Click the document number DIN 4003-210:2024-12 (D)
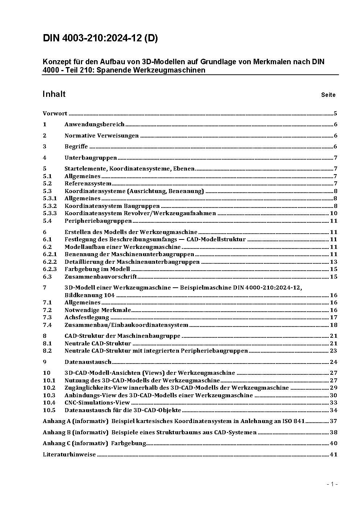(100, 38)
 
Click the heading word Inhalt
(54, 94)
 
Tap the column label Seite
(328, 95)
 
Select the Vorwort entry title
(55, 114)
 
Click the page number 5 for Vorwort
(335, 114)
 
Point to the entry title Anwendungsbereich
(94, 124)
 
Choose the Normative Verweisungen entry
(102, 136)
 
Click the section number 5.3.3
(50, 213)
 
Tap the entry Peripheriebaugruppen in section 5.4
(98, 221)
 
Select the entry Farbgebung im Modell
(97, 269)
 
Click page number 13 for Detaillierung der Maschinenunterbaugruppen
(334, 262)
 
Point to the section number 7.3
(47, 317)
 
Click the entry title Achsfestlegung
(87, 317)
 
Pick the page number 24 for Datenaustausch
(334, 362)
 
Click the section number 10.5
(49, 410)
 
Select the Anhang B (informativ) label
(75, 432)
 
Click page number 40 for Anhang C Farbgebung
(334, 443)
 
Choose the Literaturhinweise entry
(69, 455)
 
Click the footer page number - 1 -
(332, 484)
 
